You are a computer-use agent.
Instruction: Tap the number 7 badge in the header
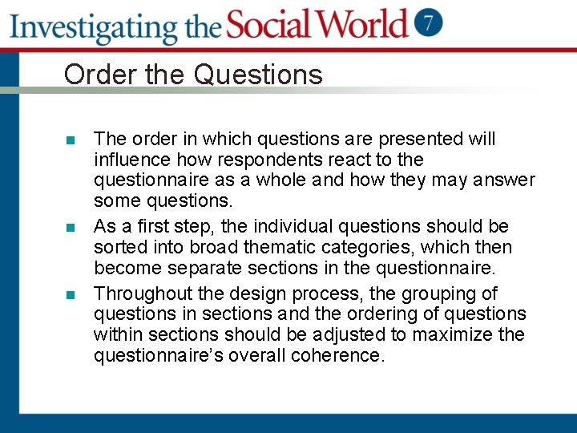tap(429, 22)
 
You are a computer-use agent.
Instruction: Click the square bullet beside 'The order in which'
tap(71, 140)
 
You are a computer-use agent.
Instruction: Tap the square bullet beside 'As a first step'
tap(71, 228)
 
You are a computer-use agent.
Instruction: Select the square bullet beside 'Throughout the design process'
tap(71, 294)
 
